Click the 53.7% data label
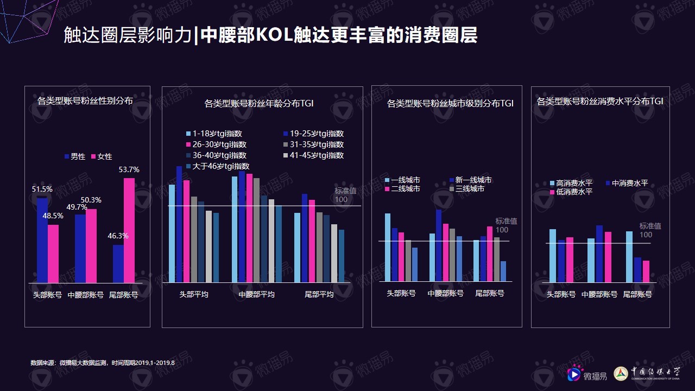pos(129,170)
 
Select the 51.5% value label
pos(42,190)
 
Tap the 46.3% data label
pos(118,236)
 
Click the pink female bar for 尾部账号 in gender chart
pos(129,230)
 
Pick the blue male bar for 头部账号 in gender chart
pos(42,240)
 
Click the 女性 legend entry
pos(102,156)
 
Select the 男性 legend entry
pos(75,156)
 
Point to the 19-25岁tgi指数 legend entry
pos(313,134)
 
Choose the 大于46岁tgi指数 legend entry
pos(218,166)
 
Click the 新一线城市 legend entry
pos(470,180)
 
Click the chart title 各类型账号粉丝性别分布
pos(85,100)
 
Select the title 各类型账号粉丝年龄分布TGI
pos(259,103)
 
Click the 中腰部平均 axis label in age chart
pos(257,294)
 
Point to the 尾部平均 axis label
pos(319,294)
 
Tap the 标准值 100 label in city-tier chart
pos(506,225)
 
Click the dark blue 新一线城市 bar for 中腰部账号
pos(439,245)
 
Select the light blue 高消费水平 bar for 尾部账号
pos(629,257)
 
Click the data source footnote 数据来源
pos(103,362)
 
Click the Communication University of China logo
pos(646,373)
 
